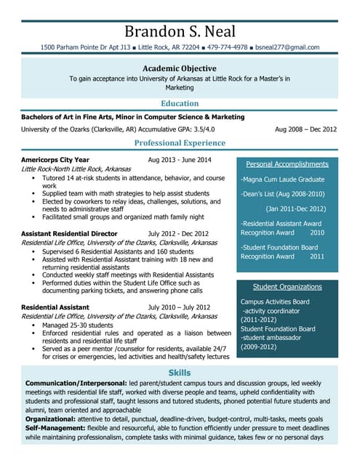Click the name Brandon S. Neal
(180, 31)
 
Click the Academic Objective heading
(180, 68)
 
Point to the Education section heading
(180, 104)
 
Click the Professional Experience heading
(180, 143)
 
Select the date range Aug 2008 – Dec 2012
(305, 129)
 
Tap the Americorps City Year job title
(55, 160)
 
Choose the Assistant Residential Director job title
(69, 234)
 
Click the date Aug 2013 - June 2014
(180, 160)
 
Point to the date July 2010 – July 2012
(178, 307)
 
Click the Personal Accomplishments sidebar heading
(287, 164)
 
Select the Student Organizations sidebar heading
(287, 287)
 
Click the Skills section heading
(180, 372)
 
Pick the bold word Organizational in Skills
(55, 419)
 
